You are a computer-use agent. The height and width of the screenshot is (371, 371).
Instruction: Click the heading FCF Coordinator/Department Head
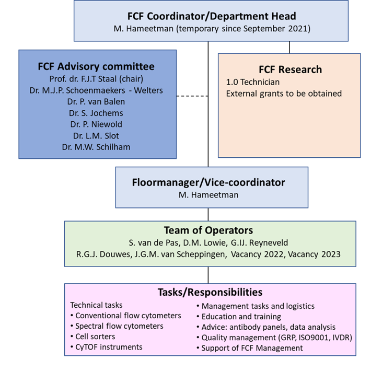pyautogui.click(x=212, y=16)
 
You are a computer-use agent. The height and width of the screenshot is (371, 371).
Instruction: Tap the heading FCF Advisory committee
pyautogui.click(x=96, y=66)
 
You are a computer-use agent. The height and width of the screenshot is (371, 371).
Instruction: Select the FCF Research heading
pyautogui.click(x=290, y=69)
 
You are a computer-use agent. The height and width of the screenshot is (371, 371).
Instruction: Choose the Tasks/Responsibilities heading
pyautogui.click(x=210, y=292)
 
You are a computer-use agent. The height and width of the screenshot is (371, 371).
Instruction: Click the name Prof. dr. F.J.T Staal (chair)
pyautogui.click(x=96, y=79)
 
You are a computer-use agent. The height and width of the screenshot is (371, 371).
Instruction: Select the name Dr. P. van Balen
pyautogui.click(x=96, y=101)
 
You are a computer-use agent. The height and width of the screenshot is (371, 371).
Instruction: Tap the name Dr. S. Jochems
pyautogui.click(x=96, y=113)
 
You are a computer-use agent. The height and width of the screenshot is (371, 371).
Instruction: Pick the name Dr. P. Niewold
pyautogui.click(x=96, y=124)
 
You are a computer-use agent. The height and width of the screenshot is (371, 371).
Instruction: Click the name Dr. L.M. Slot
pyautogui.click(x=96, y=135)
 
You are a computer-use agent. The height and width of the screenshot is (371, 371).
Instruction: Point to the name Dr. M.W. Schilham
pyautogui.click(x=96, y=147)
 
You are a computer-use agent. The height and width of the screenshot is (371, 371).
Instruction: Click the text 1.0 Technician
pyautogui.click(x=253, y=82)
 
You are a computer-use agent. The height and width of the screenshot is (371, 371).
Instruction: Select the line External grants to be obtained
pyautogui.click(x=283, y=94)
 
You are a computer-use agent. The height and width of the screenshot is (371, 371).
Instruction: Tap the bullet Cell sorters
pyautogui.click(x=95, y=337)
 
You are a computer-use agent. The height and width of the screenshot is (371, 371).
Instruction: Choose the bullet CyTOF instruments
pyautogui.click(x=109, y=347)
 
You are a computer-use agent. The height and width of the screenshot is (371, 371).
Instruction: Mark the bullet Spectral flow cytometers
pyautogui.click(x=119, y=326)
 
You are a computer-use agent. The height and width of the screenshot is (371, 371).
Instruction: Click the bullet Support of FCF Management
pyautogui.click(x=252, y=348)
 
